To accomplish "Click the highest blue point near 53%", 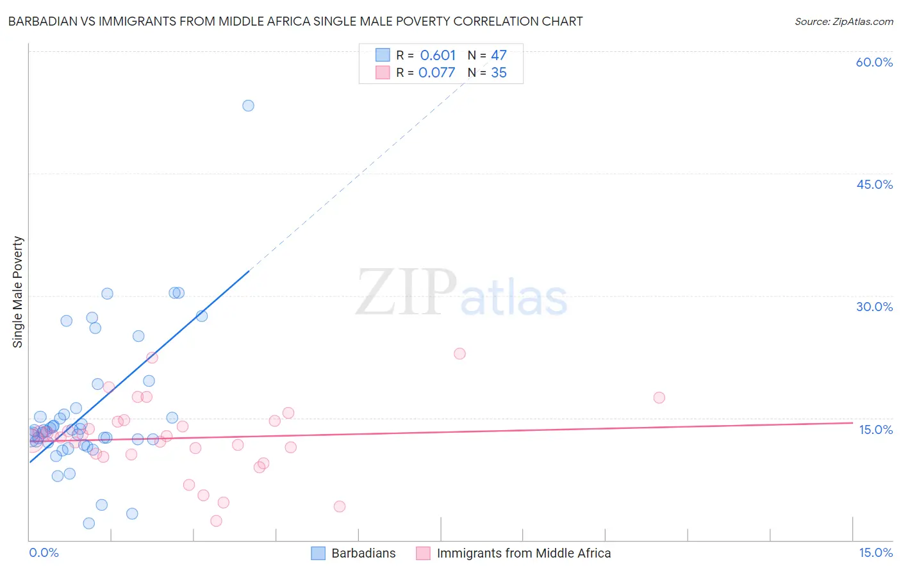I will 248,106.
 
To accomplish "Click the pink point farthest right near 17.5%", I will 659,398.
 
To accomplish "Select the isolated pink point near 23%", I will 459,353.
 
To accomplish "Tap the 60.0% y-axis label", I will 874,63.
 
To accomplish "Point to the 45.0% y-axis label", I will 874,184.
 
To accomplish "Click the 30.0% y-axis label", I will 874,307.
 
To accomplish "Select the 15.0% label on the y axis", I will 875,430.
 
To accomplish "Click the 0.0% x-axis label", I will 44,553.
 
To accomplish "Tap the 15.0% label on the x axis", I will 875,553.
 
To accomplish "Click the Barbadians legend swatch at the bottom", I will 318,553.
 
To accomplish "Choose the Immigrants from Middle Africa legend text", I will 524,553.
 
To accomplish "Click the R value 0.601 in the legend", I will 438,56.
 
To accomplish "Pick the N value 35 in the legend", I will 499,73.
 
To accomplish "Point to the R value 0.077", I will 436,73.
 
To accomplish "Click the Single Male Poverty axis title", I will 18,292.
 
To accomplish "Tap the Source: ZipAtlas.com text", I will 843,22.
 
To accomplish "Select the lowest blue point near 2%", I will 89,523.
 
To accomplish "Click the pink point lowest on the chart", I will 216,521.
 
